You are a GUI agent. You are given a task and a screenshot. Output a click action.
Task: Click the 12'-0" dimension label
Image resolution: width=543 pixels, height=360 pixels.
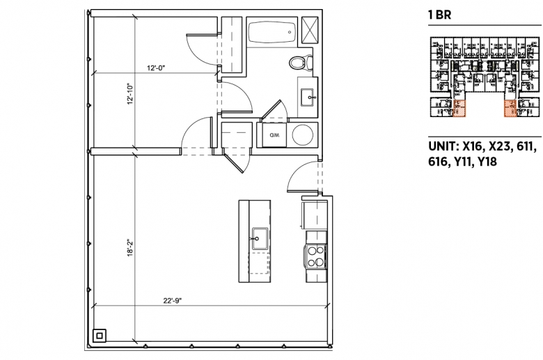pyautogui.click(x=156, y=68)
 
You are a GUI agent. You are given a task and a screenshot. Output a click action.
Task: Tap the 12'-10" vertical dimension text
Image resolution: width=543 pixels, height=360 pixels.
pyautogui.click(x=130, y=93)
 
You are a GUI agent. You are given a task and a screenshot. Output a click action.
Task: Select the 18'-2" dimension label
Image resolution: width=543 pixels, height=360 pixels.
pyautogui.click(x=130, y=248)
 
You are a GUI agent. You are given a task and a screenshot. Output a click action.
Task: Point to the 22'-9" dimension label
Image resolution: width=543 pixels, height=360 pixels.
pyautogui.click(x=173, y=301)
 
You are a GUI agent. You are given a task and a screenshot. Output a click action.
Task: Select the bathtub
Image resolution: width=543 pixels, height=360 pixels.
pyautogui.click(x=272, y=32)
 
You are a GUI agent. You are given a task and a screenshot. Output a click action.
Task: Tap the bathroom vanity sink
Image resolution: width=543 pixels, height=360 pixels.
pyautogui.click(x=308, y=97)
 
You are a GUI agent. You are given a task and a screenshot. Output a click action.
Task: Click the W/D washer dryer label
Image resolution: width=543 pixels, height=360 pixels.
pyautogui.click(x=274, y=135)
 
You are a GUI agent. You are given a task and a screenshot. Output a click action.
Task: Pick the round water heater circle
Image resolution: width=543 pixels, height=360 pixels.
pyautogui.click(x=303, y=135)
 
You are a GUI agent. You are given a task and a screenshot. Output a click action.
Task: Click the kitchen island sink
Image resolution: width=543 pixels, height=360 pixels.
pyautogui.click(x=260, y=238)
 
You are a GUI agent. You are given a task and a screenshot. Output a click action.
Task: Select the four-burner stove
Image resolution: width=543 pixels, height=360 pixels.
pyautogui.click(x=315, y=257)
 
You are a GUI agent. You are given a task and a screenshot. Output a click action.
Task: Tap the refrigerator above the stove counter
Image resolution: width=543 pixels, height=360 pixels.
pyautogui.click(x=315, y=215)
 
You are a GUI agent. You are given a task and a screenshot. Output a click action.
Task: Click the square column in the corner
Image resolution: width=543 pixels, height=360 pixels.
pyautogui.click(x=100, y=336)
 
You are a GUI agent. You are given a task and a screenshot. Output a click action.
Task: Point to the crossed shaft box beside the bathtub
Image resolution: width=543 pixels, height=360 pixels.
pyautogui.click(x=310, y=30)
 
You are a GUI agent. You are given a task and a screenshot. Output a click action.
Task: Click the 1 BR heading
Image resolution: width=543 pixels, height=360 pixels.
pyautogui.click(x=439, y=15)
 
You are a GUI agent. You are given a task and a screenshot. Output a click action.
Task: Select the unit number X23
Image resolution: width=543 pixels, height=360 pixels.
pyautogui.click(x=500, y=146)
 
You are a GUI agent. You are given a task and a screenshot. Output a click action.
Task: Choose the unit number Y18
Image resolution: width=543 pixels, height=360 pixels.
pyautogui.click(x=487, y=162)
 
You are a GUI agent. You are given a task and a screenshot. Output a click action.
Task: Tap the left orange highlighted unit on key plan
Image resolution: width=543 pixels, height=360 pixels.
pyautogui.click(x=459, y=108)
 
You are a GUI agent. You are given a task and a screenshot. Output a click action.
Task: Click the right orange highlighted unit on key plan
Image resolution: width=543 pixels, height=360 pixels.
pyautogui.click(x=510, y=108)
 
